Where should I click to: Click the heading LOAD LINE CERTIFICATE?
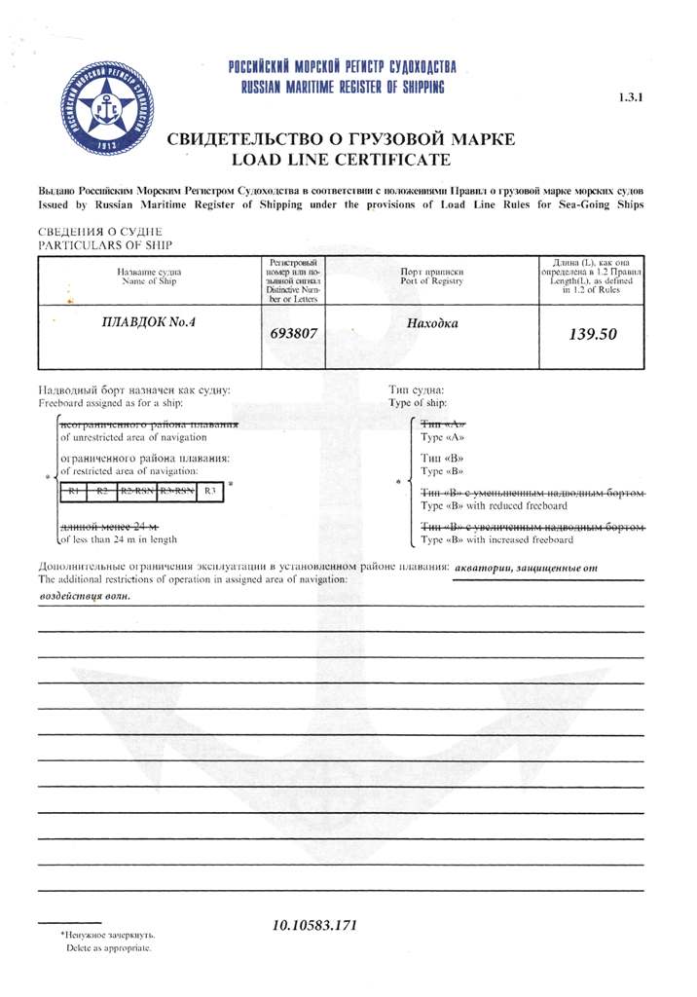[x=341, y=159]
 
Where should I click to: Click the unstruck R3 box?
[x=211, y=491]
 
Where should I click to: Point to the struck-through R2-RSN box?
[x=136, y=491]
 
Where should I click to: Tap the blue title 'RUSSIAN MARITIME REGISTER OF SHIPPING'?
[x=343, y=88]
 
